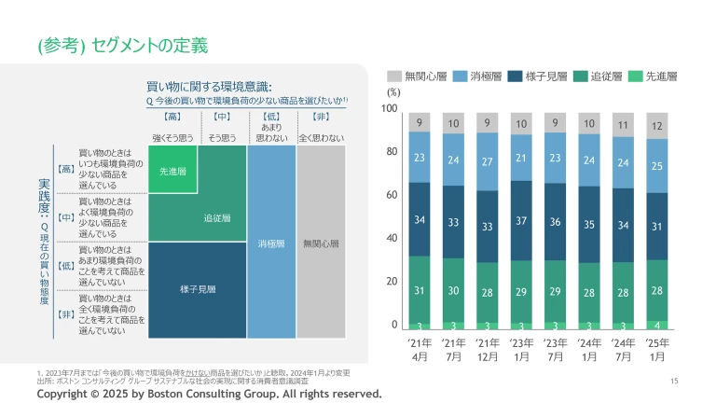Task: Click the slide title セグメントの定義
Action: pyautogui.click(x=122, y=44)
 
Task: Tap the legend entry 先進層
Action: pyautogui.click(x=654, y=76)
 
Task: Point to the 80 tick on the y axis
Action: pyautogui.click(x=392, y=152)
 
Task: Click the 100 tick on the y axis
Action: pyautogui.click(x=391, y=109)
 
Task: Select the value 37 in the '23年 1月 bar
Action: pyautogui.click(x=521, y=220)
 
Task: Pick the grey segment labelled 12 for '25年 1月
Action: pyautogui.click(x=656, y=126)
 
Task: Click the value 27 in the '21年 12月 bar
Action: pyautogui.click(x=487, y=161)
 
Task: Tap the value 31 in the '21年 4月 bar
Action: pyautogui.click(x=420, y=290)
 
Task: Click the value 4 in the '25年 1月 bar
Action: pyautogui.click(x=656, y=325)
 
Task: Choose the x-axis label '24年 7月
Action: pyautogui.click(x=623, y=350)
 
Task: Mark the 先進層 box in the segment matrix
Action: pyautogui.click(x=172, y=172)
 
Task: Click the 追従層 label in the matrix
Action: pyautogui.click(x=217, y=218)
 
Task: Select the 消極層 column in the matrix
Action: pyautogui.click(x=271, y=243)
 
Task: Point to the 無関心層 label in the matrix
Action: pyautogui.click(x=320, y=243)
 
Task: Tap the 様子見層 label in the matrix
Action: pyautogui.click(x=198, y=289)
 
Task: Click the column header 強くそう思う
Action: pyautogui.click(x=172, y=138)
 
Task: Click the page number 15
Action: pyautogui.click(x=674, y=380)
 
